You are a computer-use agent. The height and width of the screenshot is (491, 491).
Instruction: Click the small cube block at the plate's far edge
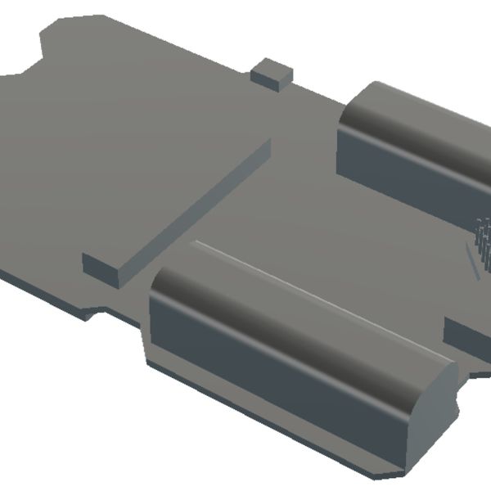pyautogui.click(x=271, y=74)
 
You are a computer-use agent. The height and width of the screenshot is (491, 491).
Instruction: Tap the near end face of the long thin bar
pyautogui.click(x=101, y=268)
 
